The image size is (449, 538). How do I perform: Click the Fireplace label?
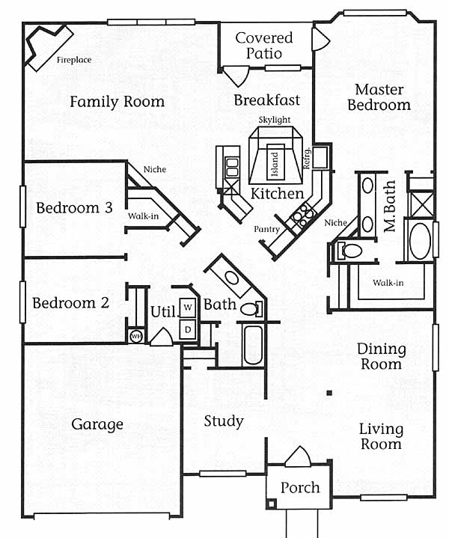[x=74, y=60]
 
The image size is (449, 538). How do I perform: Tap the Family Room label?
[x=117, y=102]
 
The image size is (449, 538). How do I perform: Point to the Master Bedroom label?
[x=379, y=98]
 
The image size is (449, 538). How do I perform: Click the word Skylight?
[x=275, y=120]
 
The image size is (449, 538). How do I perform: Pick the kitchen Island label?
[x=275, y=162]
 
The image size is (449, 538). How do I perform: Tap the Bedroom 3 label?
[x=74, y=208]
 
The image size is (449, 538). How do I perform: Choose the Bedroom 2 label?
[x=70, y=303]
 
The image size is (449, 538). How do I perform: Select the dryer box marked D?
[x=189, y=328]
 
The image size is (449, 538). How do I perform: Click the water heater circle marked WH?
[x=136, y=336]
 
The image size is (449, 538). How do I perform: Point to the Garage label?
[x=97, y=425]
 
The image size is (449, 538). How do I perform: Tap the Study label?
[x=224, y=421]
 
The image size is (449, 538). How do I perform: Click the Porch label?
[x=300, y=488]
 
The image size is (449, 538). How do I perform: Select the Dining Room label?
[x=381, y=357]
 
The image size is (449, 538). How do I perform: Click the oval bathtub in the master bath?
[x=418, y=240]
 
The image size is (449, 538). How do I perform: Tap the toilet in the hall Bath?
[x=249, y=308]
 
